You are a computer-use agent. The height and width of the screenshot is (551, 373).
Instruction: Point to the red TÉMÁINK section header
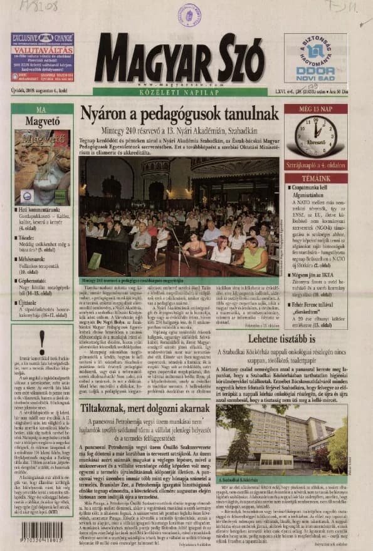tap(315, 178)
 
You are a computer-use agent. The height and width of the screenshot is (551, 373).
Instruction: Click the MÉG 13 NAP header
tap(315, 108)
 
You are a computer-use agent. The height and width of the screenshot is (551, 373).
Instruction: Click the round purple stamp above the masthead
tap(189, 13)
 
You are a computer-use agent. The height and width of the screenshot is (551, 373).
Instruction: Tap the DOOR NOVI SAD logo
tap(315, 58)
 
